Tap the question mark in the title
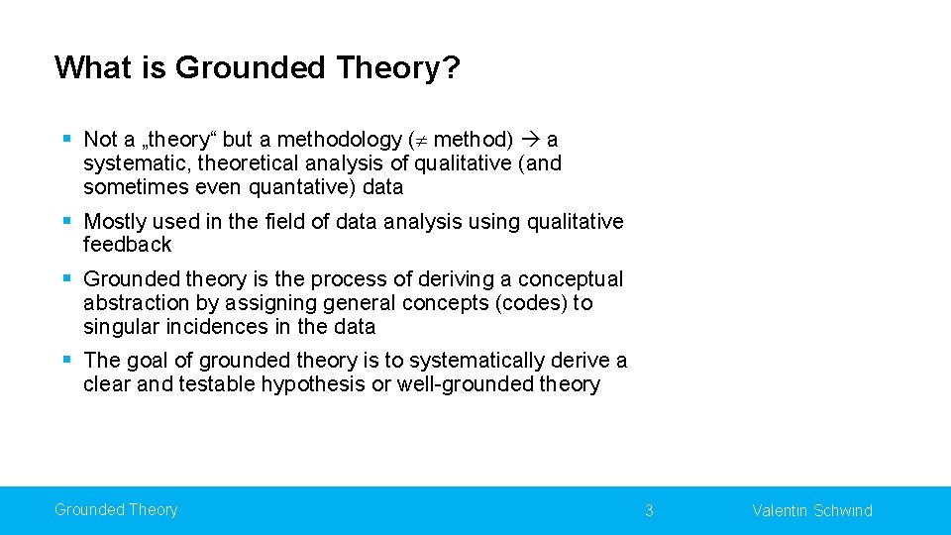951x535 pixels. (452, 67)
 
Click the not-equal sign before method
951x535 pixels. (420, 140)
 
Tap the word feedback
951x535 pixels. (128, 245)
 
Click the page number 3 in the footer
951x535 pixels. (649, 511)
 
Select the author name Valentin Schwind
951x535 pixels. (812, 511)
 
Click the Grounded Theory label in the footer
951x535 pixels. (116, 510)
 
